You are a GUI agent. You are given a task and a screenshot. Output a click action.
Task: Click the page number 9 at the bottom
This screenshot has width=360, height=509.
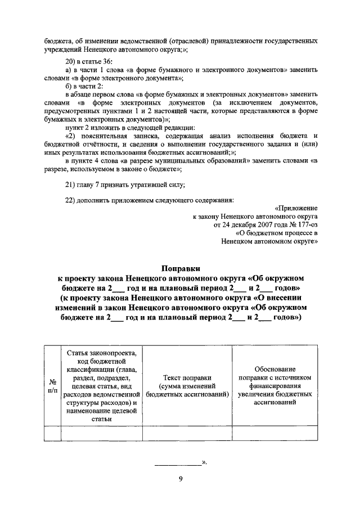[x=180, y=479]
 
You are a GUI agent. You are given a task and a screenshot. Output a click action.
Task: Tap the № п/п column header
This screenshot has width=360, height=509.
[x=52, y=385]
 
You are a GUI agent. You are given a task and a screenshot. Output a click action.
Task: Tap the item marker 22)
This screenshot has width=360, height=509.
[x=71, y=199]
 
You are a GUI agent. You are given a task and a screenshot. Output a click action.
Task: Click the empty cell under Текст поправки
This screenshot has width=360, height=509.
[x=187, y=434]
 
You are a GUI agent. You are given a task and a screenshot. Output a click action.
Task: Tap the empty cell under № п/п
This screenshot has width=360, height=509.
[x=52, y=434]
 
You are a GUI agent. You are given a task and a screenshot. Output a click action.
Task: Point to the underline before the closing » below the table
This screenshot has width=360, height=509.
[x=177, y=464]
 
